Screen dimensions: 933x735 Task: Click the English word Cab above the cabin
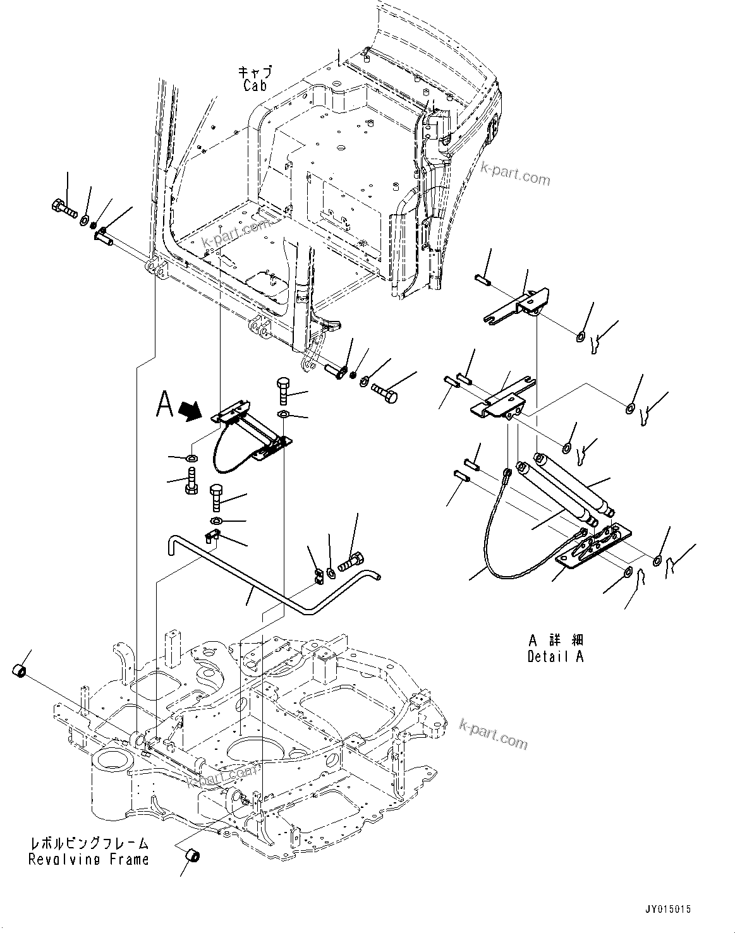coord(255,85)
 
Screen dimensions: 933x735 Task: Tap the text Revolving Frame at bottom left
coord(88,859)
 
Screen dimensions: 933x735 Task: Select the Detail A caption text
coord(556,656)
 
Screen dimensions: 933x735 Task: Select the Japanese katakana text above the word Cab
coord(255,71)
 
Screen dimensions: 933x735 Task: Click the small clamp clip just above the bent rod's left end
coord(211,538)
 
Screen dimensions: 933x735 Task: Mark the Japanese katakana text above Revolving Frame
coord(88,843)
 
